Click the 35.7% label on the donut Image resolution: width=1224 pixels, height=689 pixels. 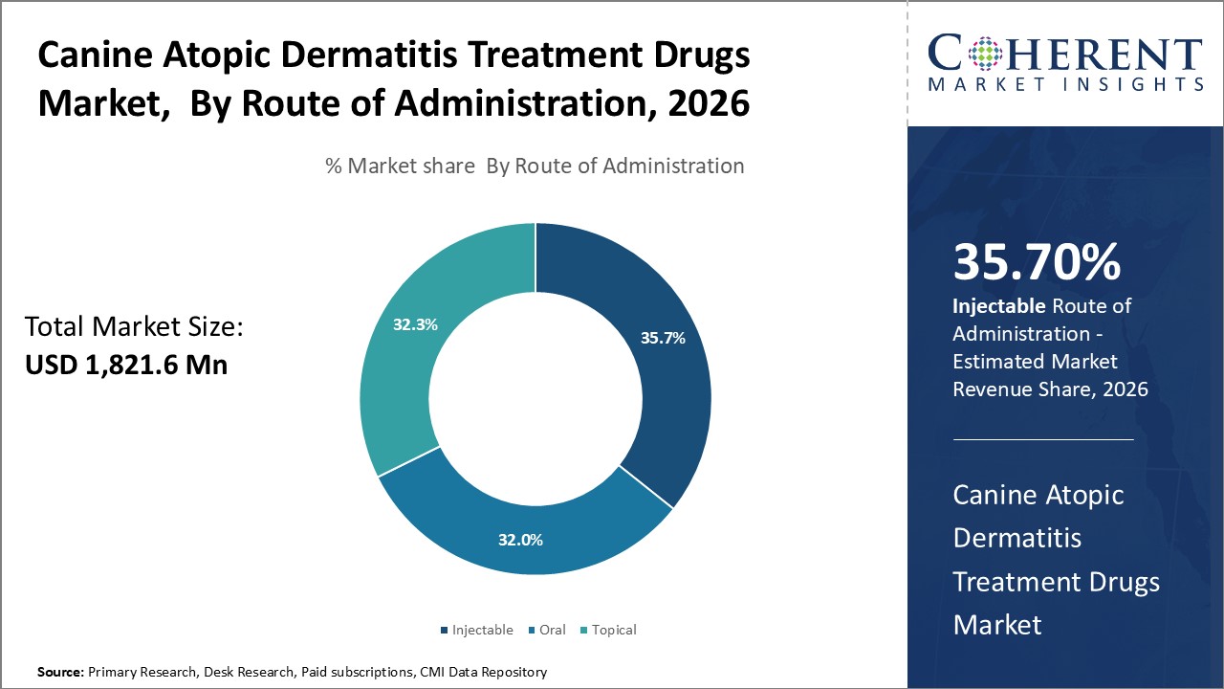tap(663, 338)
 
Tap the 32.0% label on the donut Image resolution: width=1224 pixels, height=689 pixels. tap(520, 540)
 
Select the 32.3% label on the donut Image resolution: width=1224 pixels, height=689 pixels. tap(415, 324)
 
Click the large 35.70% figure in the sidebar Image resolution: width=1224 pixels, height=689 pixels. tap(1037, 262)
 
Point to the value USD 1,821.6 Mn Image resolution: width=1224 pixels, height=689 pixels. tap(126, 365)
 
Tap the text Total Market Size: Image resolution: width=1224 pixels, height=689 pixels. tap(135, 327)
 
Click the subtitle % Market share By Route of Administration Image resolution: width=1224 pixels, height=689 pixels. tap(535, 166)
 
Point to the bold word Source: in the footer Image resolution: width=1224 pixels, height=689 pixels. tap(60, 673)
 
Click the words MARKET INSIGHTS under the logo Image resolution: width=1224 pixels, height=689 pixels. tap(1065, 85)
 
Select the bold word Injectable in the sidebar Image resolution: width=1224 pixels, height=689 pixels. tap(997, 306)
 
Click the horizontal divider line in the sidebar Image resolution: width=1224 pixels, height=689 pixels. tap(1043, 439)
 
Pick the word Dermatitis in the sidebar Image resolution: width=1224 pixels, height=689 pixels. tap(1016, 538)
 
